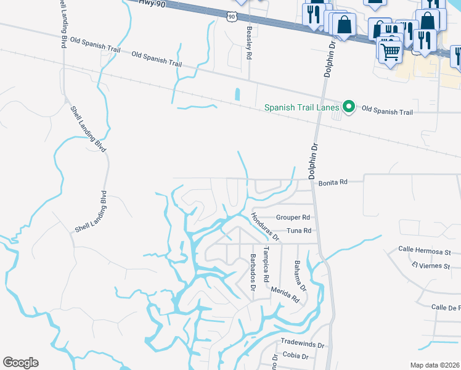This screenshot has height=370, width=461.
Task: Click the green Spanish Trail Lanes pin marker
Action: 349,107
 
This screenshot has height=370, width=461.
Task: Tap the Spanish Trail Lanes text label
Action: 301,107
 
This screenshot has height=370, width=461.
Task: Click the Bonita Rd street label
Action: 333,183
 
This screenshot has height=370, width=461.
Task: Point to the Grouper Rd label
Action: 293,218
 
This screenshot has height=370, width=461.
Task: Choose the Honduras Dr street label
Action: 266,226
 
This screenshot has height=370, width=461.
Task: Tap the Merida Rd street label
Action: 285,295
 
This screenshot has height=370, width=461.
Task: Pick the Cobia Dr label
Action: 291,355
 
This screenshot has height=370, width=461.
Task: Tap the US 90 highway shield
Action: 230,17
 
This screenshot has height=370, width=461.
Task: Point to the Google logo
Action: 20,362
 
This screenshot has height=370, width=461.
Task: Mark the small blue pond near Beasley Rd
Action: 237,94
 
